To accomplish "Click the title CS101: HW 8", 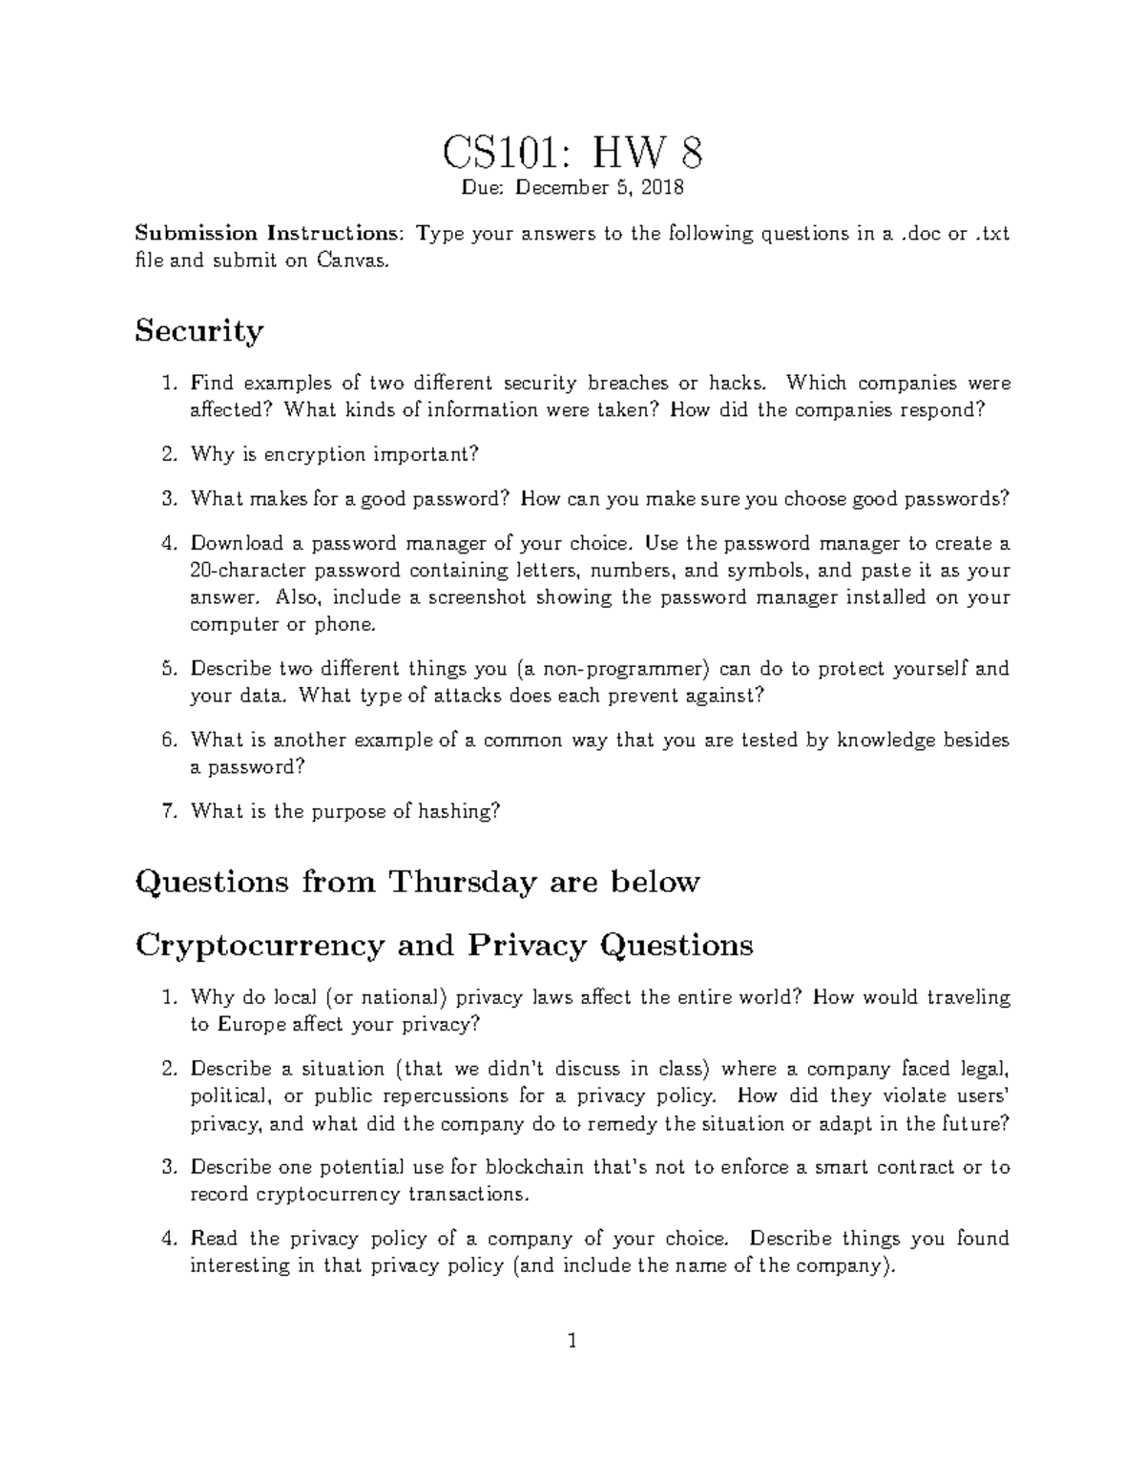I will (572, 152).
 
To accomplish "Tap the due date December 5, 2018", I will (599, 188).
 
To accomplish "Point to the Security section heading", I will (198, 331).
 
